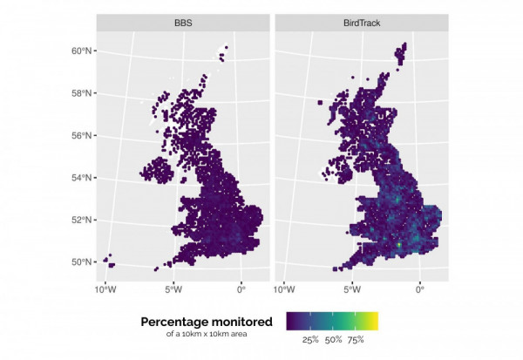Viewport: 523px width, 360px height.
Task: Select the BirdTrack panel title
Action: [x=361, y=23]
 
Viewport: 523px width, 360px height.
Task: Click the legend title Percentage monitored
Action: [x=206, y=321]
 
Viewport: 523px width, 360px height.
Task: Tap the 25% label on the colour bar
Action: [x=309, y=340]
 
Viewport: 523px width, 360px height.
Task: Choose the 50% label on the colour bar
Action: [x=333, y=340]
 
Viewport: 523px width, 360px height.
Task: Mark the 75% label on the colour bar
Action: [x=355, y=340]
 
